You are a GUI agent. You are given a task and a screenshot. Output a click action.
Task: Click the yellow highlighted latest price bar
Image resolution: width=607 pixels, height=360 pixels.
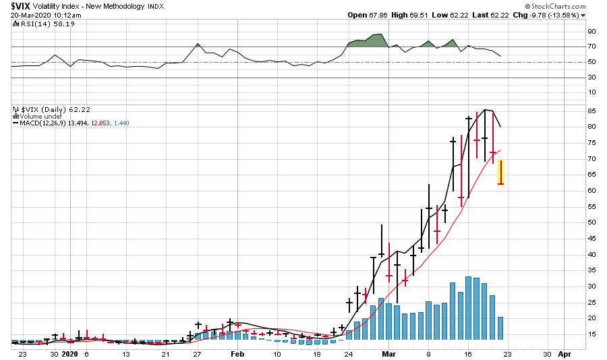click(x=501, y=173)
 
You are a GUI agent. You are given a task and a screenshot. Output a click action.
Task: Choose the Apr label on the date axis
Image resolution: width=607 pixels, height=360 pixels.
click(x=565, y=353)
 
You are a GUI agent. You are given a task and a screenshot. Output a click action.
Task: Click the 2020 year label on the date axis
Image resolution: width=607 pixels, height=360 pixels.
click(x=70, y=353)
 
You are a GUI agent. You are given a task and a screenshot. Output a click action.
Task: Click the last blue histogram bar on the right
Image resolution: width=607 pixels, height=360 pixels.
click(x=500, y=328)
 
